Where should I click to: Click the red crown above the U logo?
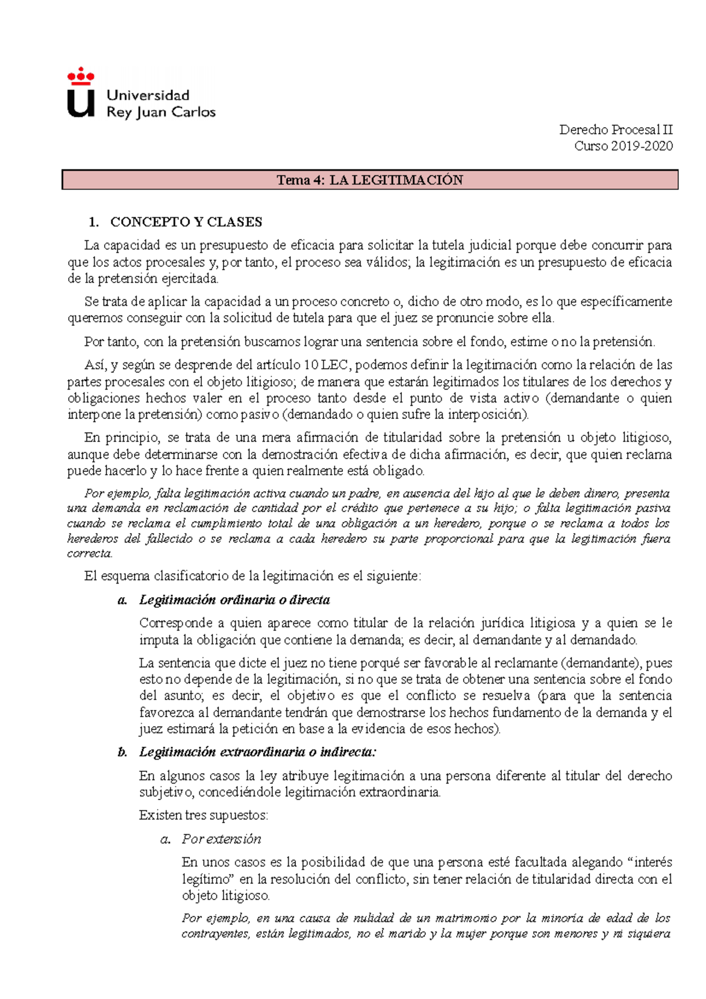pyautogui.click(x=81, y=76)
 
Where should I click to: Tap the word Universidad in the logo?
pyautogui.click(x=148, y=95)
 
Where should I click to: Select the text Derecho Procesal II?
pyautogui.click(x=615, y=129)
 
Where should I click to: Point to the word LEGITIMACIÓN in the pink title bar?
pyautogui.click(x=396, y=180)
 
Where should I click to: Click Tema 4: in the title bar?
pyautogui.click(x=300, y=180)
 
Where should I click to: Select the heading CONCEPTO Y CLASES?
pyautogui.click(x=186, y=222)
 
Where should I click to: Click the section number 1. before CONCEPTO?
pyautogui.click(x=94, y=222)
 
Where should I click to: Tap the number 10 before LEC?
pyautogui.click(x=311, y=365)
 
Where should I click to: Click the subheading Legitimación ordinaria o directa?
pyautogui.click(x=234, y=600)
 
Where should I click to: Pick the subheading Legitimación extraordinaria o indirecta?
pyautogui.click(x=257, y=752)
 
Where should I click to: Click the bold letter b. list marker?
pyautogui.click(x=122, y=752)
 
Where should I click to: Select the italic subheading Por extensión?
pyautogui.click(x=221, y=839)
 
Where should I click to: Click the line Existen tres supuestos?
pyautogui.click(x=204, y=815)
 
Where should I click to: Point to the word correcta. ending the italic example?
pyautogui.click(x=89, y=554)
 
